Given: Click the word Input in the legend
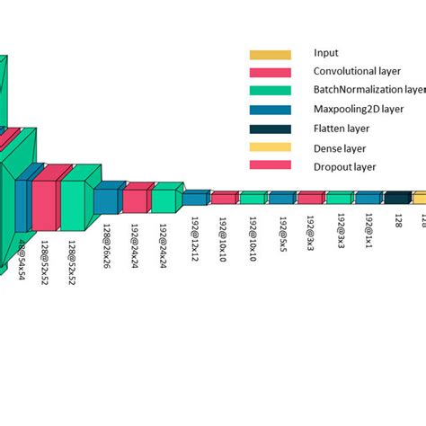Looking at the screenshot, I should (x=327, y=53).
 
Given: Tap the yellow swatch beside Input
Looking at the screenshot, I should (x=271, y=54).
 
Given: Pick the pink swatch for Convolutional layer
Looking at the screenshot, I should (x=271, y=72).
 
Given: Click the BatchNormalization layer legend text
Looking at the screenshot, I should (x=368, y=90).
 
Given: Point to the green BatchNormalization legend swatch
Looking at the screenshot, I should (x=271, y=90).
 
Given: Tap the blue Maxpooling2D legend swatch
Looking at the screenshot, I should (x=271, y=110).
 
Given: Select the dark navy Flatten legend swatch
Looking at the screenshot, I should (x=271, y=129).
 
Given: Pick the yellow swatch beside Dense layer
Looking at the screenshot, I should (x=271, y=147).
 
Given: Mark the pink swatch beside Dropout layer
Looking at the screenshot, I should (x=271, y=165).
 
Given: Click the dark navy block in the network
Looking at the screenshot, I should (x=397, y=198).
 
